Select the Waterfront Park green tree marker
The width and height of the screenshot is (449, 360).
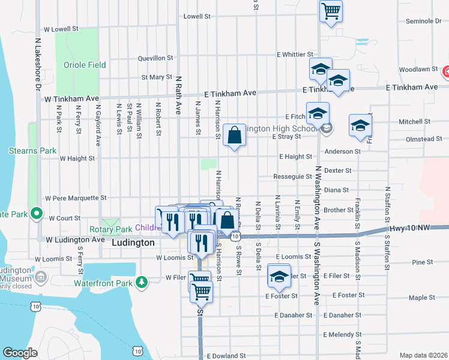(141, 281)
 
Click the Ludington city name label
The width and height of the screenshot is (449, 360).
(133, 243)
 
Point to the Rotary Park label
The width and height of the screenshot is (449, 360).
(110, 229)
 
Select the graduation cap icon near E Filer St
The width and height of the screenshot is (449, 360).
(279, 276)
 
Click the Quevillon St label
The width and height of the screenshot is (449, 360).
(155, 59)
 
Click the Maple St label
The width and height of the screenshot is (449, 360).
(422, 298)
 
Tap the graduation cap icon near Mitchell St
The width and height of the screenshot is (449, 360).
(361, 126)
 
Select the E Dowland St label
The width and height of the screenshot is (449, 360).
(226, 356)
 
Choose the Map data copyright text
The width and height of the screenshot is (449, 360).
(423, 355)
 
